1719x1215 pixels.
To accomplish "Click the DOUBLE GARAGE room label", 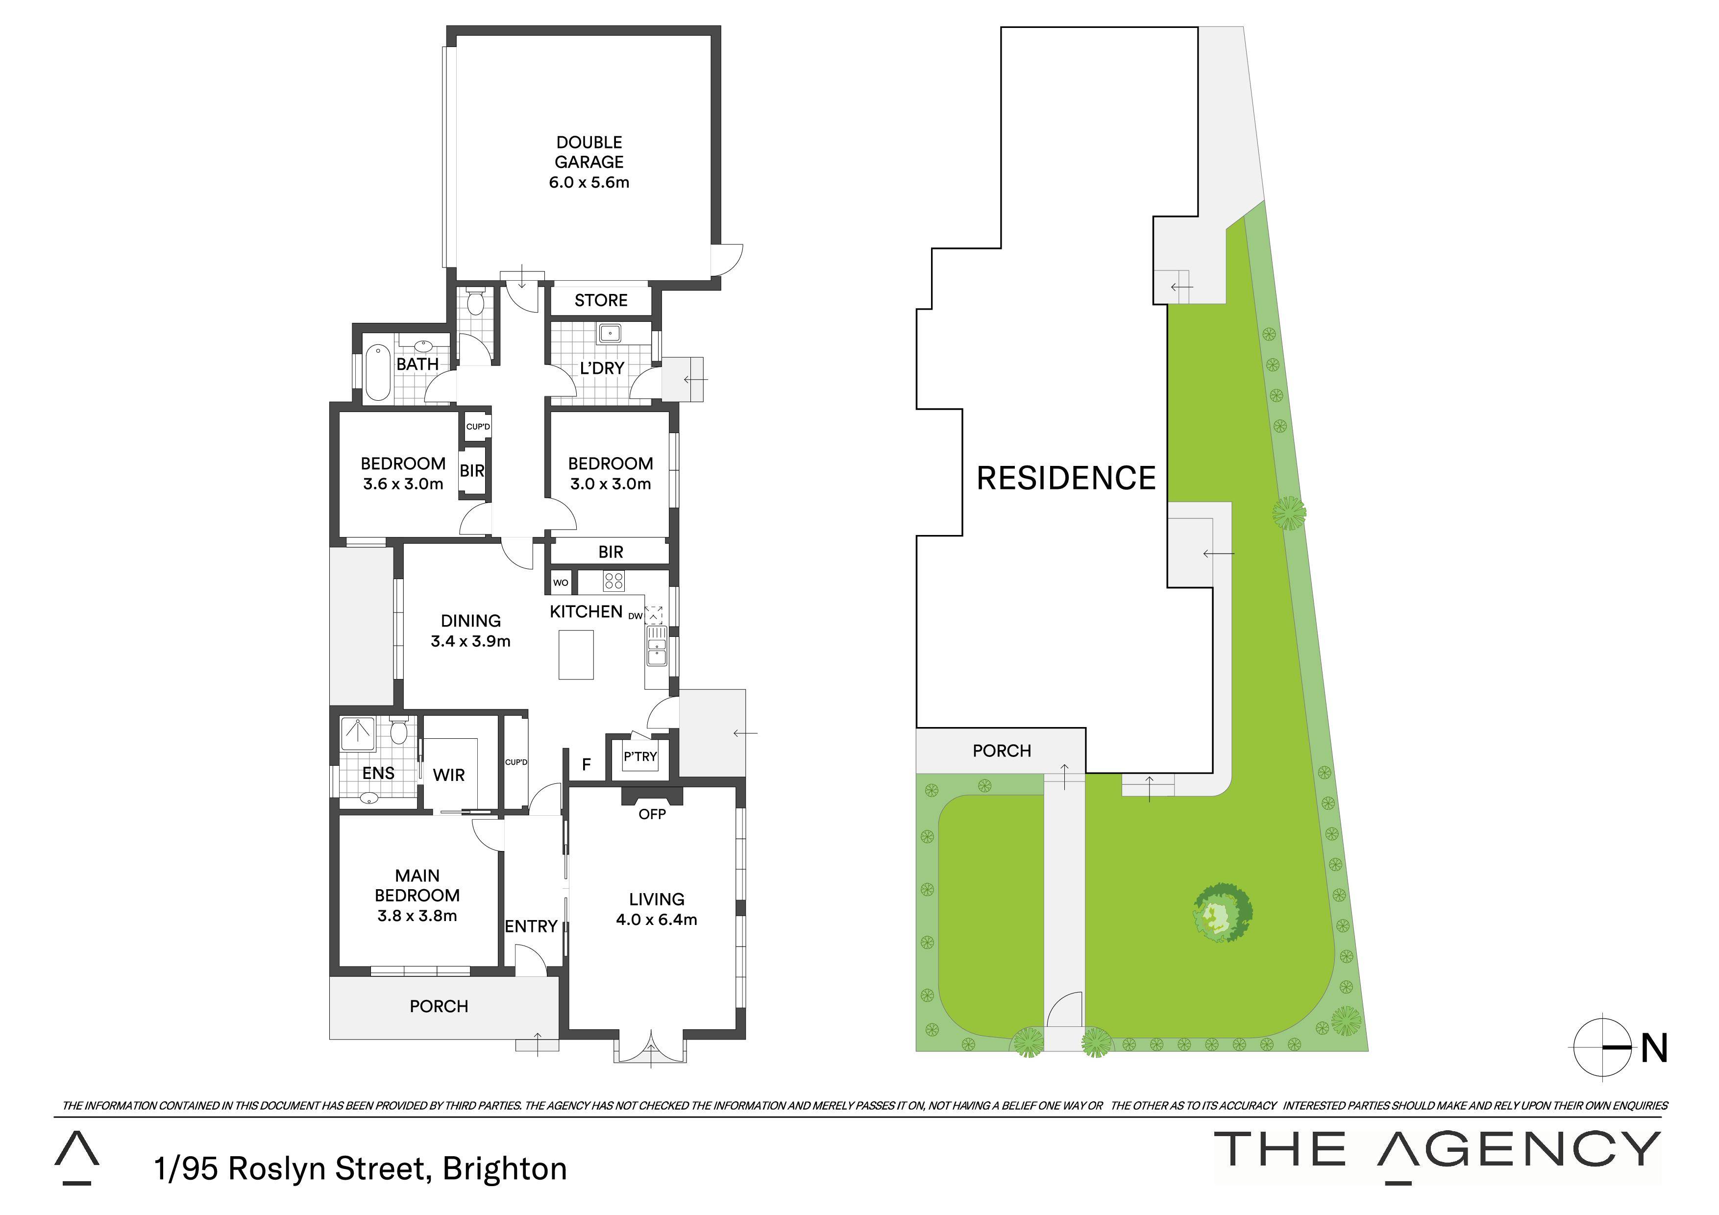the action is [x=589, y=152].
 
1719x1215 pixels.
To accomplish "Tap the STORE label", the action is [x=601, y=300].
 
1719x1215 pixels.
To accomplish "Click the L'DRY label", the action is [x=602, y=368].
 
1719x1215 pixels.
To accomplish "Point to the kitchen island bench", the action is [x=576, y=655].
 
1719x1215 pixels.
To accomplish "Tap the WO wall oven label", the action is [x=561, y=583].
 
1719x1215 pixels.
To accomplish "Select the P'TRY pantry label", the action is [x=640, y=757].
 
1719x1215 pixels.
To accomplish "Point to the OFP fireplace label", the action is [x=652, y=814].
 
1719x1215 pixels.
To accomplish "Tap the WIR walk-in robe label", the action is [x=449, y=775].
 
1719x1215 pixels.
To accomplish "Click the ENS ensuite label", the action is [x=378, y=773].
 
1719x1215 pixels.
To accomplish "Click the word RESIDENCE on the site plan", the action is [x=1066, y=478].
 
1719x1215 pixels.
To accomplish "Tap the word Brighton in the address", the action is [x=505, y=1168].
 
